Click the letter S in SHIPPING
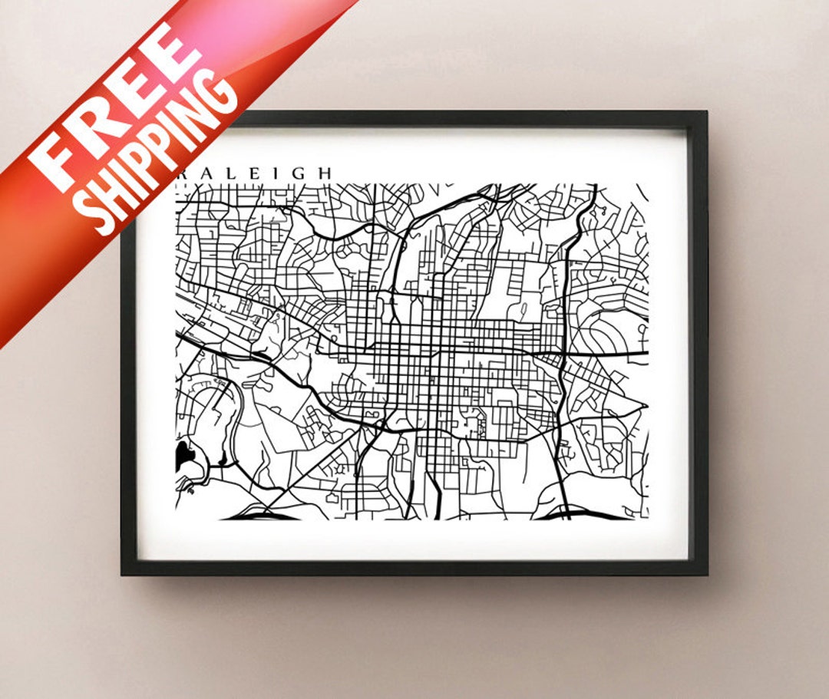(x=101, y=216)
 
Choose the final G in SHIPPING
(x=218, y=96)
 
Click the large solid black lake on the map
(x=184, y=456)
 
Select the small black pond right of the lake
(x=222, y=460)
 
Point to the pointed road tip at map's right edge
(x=646, y=406)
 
